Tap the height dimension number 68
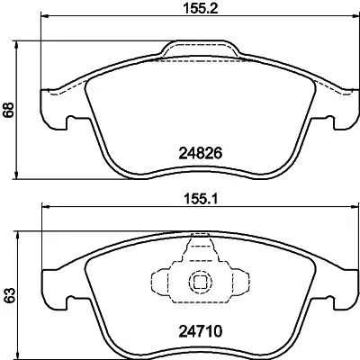click(x=10, y=109)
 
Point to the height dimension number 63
click(x=10, y=294)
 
